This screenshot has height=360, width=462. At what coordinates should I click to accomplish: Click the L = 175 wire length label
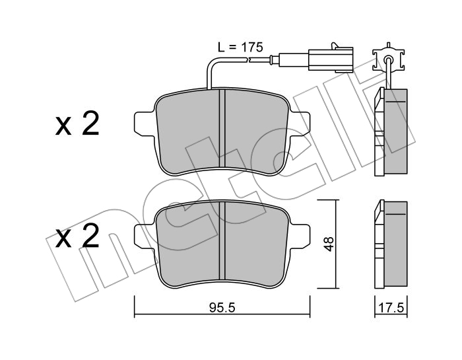tap(240, 47)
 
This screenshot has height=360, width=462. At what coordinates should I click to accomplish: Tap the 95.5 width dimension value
tap(222, 308)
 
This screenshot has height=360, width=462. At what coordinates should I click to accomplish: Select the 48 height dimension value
tap(329, 244)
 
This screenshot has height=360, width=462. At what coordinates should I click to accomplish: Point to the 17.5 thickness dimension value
tap(391, 308)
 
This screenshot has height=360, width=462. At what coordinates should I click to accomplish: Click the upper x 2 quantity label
tap(77, 124)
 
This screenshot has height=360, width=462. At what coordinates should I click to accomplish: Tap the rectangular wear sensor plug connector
tap(330, 59)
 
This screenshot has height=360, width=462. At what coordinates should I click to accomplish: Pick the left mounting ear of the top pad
tap(145, 124)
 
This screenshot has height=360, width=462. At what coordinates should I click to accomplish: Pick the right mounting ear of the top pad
tap(300, 124)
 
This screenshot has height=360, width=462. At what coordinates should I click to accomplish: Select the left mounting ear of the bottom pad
tap(145, 236)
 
